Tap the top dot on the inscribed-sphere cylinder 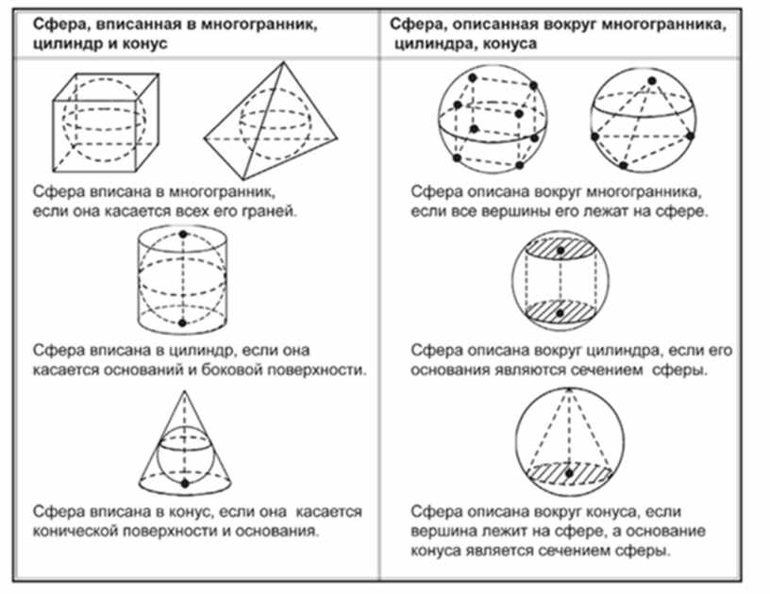[183, 235]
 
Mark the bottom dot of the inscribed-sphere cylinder [183, 322]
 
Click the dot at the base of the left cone [185, 484]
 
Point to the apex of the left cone [185, 391]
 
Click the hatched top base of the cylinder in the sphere [561, 249]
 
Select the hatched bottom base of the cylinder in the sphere [561, 312]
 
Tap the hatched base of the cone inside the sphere [569, 472]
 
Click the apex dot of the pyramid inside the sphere [652, 81]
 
